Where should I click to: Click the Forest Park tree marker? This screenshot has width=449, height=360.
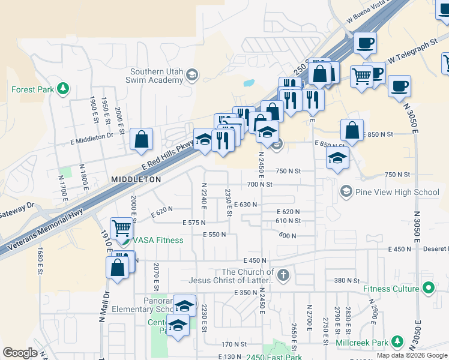[x=62, y=89]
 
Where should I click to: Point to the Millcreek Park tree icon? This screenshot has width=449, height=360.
[x=397, y=341]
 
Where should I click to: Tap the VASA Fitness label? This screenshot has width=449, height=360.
[x=158, y=240]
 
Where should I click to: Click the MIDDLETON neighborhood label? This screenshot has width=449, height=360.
[x=136, y=179]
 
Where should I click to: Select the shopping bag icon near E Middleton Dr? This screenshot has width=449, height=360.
[x=141, y=139]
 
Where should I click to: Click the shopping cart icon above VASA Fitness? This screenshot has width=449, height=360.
[x=122, y=227]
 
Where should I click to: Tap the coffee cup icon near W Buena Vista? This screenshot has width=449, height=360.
[x=365, y=43]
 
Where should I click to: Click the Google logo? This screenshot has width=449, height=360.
[x=20, y=353]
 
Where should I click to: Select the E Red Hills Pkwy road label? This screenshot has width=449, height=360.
[x=167, y=156]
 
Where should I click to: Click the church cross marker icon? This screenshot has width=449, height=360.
[x=283, y=275]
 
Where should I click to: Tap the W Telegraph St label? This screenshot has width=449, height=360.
[x=411, y=53]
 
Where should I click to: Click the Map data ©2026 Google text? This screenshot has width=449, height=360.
[x=412, y=355]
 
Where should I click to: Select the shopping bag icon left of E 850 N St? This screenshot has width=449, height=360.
[x=352, y=130]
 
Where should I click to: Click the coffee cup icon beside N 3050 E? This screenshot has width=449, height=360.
[x=399, y=86]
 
